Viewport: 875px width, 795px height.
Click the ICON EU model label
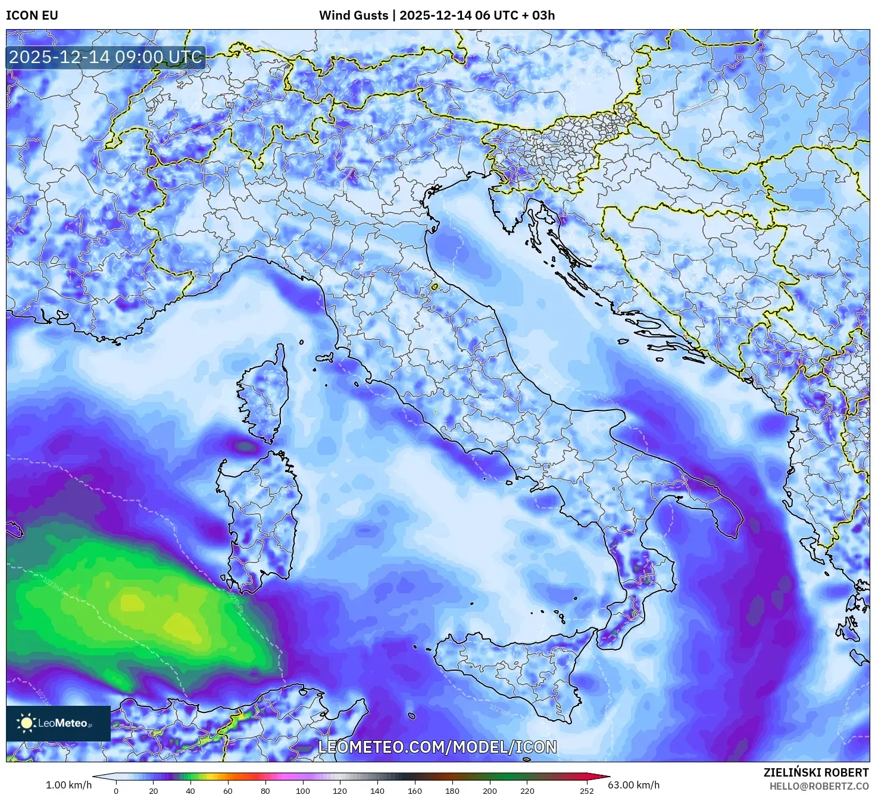coord(32,15)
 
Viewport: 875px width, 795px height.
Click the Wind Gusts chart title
coord(437,15)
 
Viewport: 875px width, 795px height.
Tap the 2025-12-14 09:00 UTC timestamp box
coord(105,58)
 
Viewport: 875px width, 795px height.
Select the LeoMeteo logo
coord(58,723)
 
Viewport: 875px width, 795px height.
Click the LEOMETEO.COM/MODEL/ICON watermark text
coord(437,747)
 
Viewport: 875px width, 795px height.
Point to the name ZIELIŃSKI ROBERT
coord(816,772)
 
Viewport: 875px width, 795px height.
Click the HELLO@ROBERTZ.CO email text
coord(819,785)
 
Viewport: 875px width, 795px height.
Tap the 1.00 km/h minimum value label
coord(69,785)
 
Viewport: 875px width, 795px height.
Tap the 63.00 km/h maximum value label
coord(633,785)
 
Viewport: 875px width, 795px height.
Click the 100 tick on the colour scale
coord(303,791)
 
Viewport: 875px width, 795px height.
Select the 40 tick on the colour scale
coord(190,791)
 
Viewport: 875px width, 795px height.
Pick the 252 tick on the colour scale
coord(587,791)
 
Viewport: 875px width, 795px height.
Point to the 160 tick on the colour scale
coord(415,791)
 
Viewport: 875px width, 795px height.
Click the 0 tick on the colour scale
coord(116,791)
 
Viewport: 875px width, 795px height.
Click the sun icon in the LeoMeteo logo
coord(26,723)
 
